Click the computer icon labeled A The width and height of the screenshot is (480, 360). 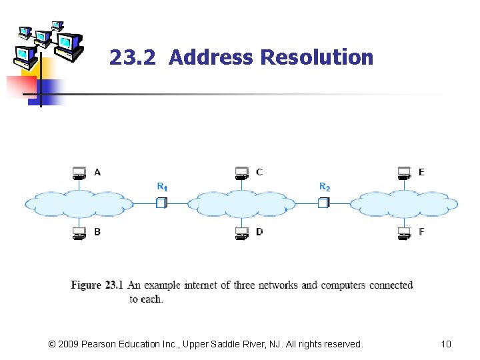click(79, 173)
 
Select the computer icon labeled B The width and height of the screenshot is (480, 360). click(79, 233)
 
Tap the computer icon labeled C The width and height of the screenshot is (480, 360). click(241, 173)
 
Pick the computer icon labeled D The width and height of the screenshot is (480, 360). click(241, 233)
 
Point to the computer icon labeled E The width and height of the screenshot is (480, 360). click(403, 173)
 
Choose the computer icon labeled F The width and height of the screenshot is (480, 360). click(403, 233)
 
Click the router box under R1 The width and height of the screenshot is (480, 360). click(161, 202)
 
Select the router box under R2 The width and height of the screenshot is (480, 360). click(323, 202)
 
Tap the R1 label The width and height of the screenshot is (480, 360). click(162, 187)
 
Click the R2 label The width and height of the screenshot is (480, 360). click(325, 187)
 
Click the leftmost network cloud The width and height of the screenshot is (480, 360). click(79, 203)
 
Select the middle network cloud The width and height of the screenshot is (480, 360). click(241, 203)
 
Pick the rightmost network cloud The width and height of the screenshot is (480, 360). click(404, 203)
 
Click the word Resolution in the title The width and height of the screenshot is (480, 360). click(317, 58)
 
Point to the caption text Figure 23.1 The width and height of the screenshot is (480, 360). click(97, 285)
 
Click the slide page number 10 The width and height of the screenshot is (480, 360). click(446, 344)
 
